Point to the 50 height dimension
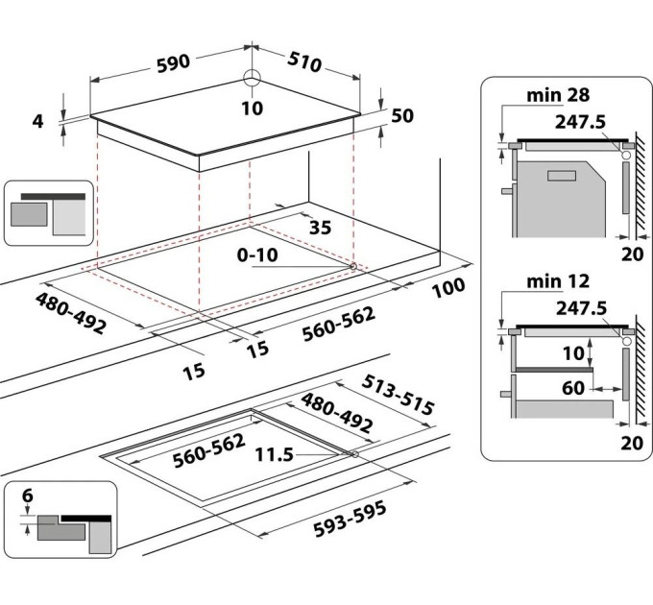[402, 116]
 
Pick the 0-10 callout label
[257, 256]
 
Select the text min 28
[557, 95]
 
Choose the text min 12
[557, 281]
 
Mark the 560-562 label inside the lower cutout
[210, 450]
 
